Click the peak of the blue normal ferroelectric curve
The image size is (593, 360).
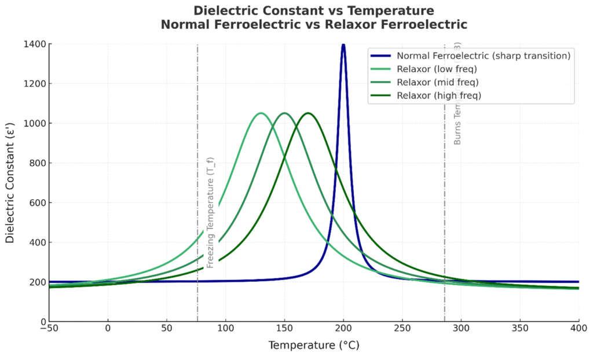pos(343,45)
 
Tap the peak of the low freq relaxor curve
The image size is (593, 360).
pos(261,113)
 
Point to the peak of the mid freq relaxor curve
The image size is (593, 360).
pos(284,113)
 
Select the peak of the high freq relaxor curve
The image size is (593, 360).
pos(308,113)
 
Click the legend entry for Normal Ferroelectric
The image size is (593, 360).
pos(484,56)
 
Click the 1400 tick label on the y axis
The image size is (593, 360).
pos(35,44)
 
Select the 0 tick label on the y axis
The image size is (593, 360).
pos(43,322)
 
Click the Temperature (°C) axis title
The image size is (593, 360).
pos(313,346)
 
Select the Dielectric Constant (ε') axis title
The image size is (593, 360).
pos(10,182)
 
